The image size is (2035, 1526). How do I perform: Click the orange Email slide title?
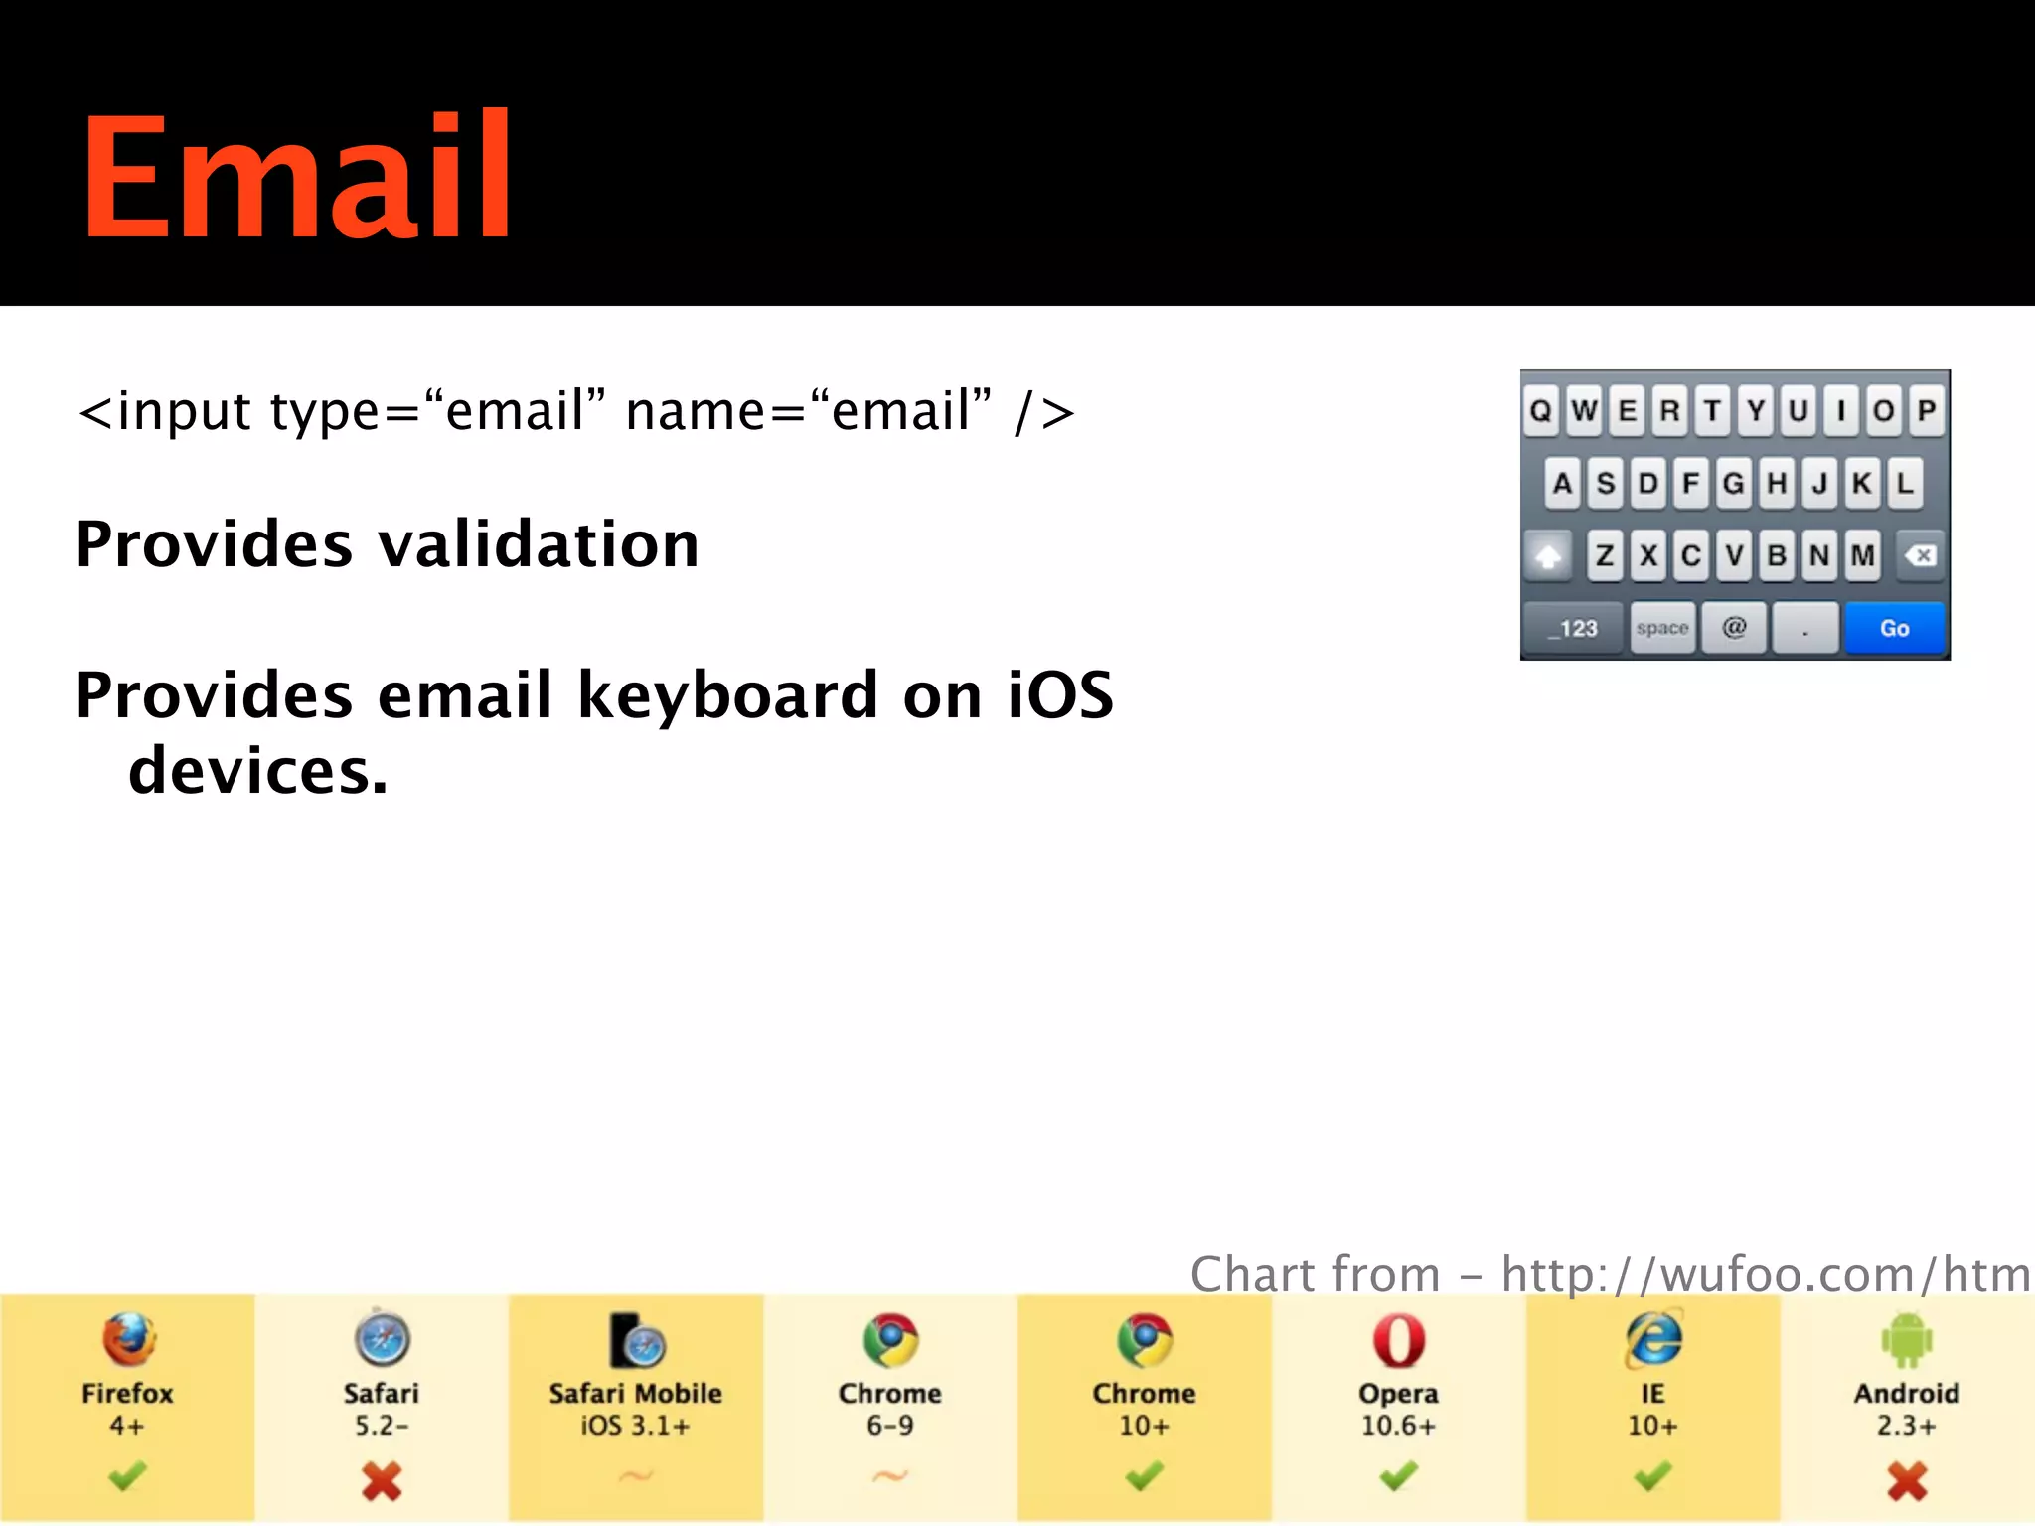pyautogui.click(x=296, y=177)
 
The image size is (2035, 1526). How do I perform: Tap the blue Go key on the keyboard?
pyautogui.click(x=1894, y=628)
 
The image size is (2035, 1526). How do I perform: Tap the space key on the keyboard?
pyautogui.click(x=1662, y=628)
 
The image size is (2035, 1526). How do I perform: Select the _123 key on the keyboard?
pyautogui.click(x=1574, y=628)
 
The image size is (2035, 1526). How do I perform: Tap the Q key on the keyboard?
pyautogui.click(x=1541, y=410)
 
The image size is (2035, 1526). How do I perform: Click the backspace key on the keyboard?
pyautogui.click(x=1922, y=555)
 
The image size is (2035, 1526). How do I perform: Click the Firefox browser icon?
pyautogui.click(x=128, y=1339)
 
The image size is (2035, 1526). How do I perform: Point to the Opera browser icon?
pyautogui.click(x=1398, y=1340)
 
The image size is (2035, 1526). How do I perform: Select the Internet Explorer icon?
pyautogui.click(x=1652, y=1339)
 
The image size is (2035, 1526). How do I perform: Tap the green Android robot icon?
pyautogui.click(x=1906, y=1340)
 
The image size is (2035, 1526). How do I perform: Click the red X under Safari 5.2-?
pyautogui.click(x=382, y=1480)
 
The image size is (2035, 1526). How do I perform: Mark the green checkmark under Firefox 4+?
pyautogui.click(x=128, y=1477)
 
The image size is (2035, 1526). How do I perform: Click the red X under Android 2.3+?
pyautogui.click(x=1906, y=1480)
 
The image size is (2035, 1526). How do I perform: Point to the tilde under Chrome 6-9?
pyautogui.click(x=890, y=1477)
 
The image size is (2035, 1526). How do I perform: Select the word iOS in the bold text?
pyautogui.click(x=1060, y=694)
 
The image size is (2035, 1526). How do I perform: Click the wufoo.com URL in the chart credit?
pyautogui.click(x=1766, y=1274)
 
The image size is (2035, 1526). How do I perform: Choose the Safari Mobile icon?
pyautogui.click(x=637, y=1340)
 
